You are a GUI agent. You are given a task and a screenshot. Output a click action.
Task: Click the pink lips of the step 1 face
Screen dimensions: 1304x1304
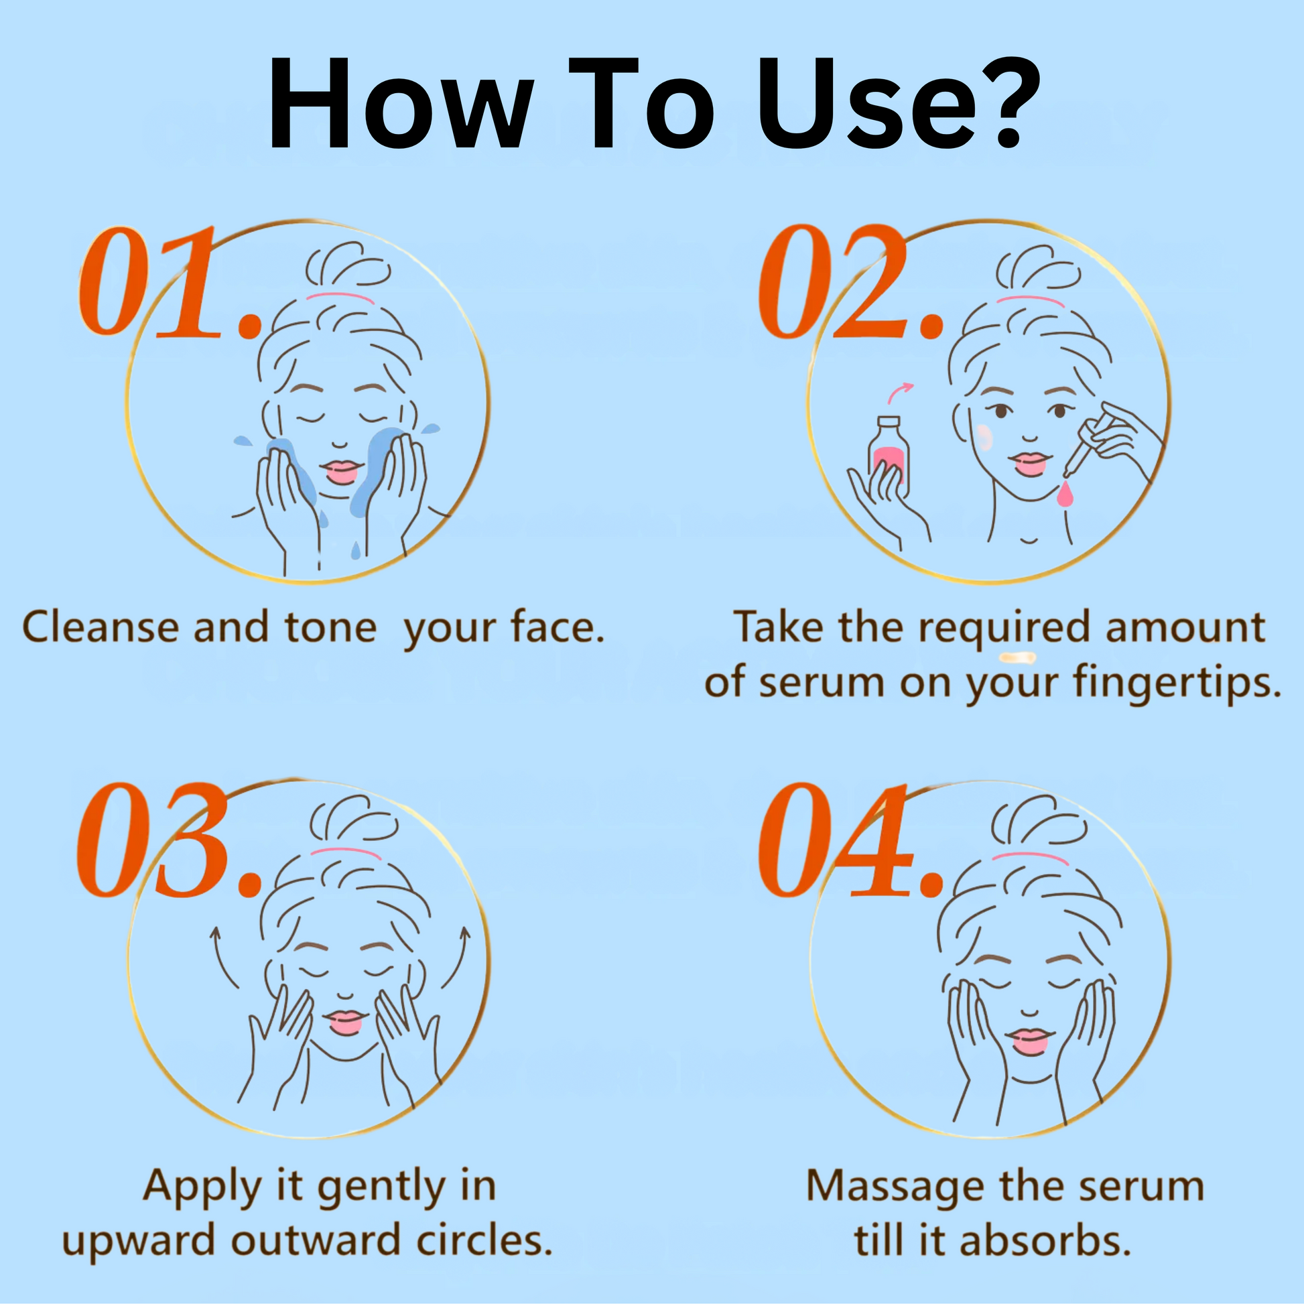341,470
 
